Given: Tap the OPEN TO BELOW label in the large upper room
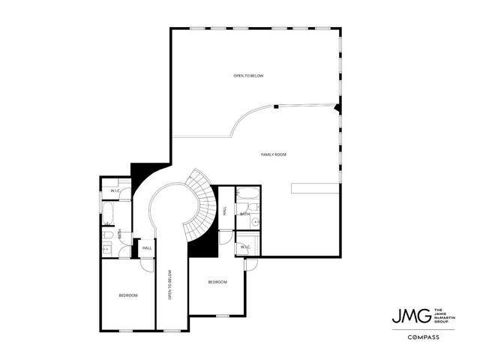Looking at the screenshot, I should pyautogui.click(x=248, y=76).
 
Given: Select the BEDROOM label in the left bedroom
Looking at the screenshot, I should pyautogui.click(x=128, y=295).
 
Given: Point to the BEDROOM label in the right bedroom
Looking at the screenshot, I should pyautogui.click(x=217, y=282).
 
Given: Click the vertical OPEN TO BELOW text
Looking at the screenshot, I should pyautogui.click(x=170, y=285).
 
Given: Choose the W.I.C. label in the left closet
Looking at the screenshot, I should pyautogui.click(x=116, y=191).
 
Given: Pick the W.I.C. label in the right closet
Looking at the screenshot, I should pyautogui.click(x=245, y=247).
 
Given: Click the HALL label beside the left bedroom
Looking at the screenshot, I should pyautogui.click(x=147, y=247).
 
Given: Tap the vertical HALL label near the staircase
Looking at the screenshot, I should pyautogui.click(x=225, y=211).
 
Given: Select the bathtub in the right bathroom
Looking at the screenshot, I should pyautogui.click(x=248, y=197).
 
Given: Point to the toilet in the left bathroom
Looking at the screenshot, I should pyautogui.click(x=107, y=236).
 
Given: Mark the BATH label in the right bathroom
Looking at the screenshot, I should pyautogui.click(x=244, y=214).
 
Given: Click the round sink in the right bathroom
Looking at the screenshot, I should pyautogui.click(x=254, y=222).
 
